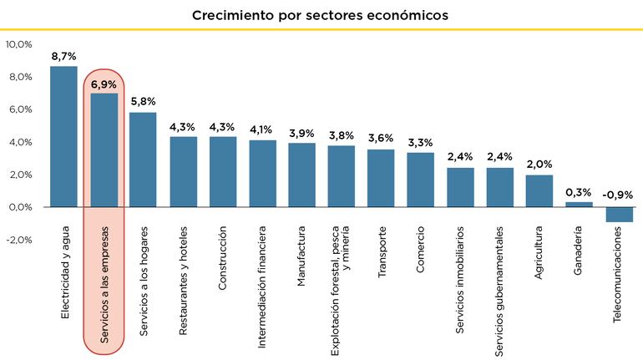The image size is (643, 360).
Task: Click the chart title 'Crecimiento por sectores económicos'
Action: [321, 15]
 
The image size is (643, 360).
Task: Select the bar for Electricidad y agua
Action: [63, 136]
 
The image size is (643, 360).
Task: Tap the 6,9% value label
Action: [104, 84]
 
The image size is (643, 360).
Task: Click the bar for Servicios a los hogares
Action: [143, 160]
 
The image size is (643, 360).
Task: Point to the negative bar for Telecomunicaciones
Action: [619, 215]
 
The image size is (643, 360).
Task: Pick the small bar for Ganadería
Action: [579, 204]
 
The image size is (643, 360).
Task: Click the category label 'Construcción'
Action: [223, 257]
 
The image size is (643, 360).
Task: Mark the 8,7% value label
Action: [63, 55]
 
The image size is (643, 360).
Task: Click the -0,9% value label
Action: [619, 195]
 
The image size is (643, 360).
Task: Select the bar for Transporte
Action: [381, 178]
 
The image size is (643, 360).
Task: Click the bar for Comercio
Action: [421, 180]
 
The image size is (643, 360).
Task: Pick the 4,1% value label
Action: [262, 129]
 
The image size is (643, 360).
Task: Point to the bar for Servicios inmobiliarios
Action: [460, 187]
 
